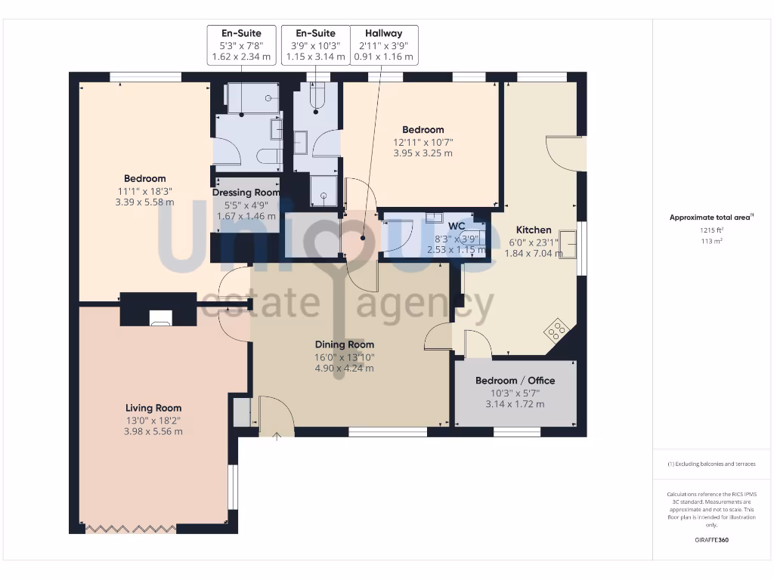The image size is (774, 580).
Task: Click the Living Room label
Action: click(153, 408)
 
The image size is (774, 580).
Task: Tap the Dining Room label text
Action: click(345, 344)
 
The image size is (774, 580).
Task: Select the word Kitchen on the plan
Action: click(534, 230)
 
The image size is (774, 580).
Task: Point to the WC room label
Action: click(457, 226)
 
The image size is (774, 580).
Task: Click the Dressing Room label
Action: click(246, 193)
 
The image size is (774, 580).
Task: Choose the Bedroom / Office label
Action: click(515, 381)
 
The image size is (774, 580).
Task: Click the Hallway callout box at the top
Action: click(383, 45)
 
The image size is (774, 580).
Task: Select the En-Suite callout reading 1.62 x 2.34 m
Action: click(240, 45)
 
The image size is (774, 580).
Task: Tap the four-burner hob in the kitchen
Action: click(558, 330)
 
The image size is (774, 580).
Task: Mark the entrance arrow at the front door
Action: click(277, 434)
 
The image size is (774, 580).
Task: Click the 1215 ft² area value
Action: click(711, 230)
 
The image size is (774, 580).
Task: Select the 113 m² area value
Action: click(711, 241)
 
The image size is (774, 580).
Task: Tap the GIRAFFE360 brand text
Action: click(711, 541)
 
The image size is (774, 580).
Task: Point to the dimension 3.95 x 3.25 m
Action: click(423, 153)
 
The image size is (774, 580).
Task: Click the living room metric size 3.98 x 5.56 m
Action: click(153, 431)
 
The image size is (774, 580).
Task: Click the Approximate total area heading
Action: click(711, 217)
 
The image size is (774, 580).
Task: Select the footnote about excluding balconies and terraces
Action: click(711, 464)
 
